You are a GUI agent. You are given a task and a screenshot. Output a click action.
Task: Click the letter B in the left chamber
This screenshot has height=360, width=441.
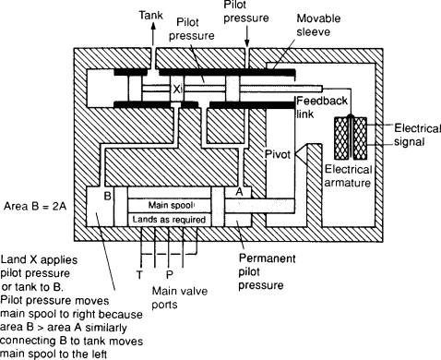coord(107,196)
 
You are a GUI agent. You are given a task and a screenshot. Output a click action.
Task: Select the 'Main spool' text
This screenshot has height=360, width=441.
coord(169,204)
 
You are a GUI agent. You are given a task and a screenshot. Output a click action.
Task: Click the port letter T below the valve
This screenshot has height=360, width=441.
coord(137,274)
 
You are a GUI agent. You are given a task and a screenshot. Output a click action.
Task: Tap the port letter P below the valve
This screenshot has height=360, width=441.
coord(169,274)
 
